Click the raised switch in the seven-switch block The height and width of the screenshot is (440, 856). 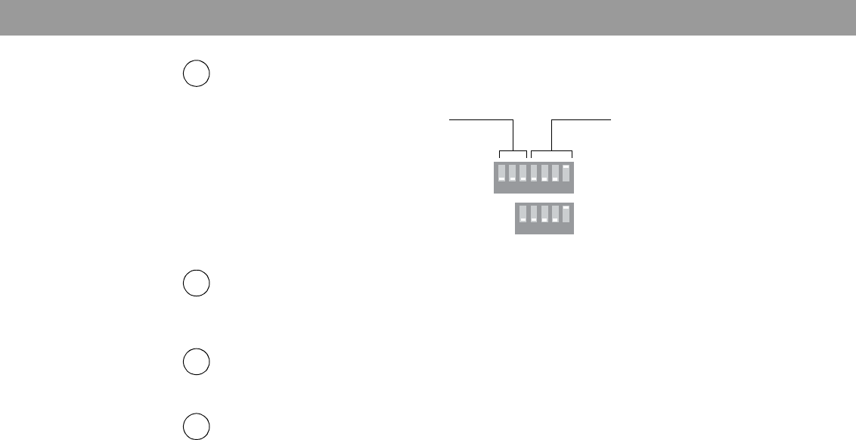tap(566, 174)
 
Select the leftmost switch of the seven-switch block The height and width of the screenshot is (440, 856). tap(501, 174)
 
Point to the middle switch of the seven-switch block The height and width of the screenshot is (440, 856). tap(533, 174)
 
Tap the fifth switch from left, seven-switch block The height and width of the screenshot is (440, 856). tap(544, 174)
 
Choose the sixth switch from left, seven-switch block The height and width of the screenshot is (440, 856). tap(554, 174)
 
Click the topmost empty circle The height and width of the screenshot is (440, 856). tap(196, 74)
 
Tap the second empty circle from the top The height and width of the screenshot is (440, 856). tap(196, 283)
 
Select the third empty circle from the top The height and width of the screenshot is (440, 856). tap(196, 361)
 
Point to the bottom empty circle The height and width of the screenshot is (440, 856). tap(196, 425)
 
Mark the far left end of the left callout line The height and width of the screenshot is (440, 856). tap(451, 119)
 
